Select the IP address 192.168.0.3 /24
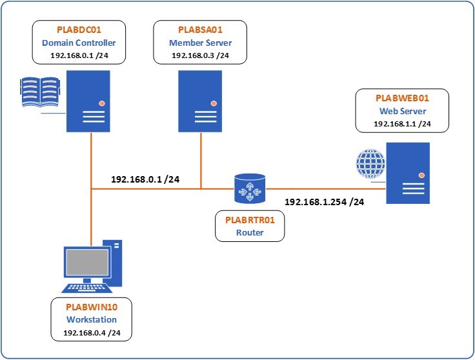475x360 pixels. (x=200, y=55)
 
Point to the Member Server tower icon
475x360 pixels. (x=200, y=101)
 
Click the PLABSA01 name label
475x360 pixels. (x=200, y=30)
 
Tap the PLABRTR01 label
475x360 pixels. (x=250, y=220)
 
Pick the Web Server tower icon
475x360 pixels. (x=408, y=173)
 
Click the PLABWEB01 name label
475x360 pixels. (x=402, y=98)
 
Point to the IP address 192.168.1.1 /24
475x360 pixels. (x=402, y=124)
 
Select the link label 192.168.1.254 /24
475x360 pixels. (x=324, y=202)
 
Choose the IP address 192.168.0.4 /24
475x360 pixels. (x=91, y=333)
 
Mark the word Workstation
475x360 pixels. (x=91, y=319)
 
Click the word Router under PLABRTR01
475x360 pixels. (x=250, y=232)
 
